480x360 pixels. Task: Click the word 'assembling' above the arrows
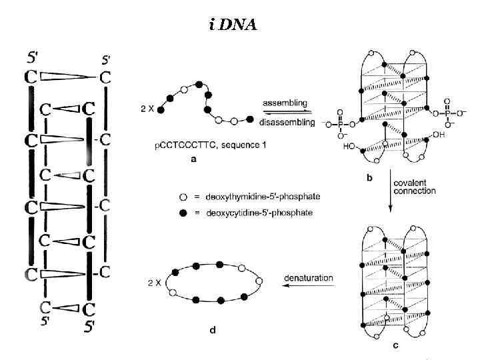click(285, 103)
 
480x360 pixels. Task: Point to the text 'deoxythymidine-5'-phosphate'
click(245, 197)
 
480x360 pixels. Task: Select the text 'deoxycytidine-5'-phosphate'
click(243, 212)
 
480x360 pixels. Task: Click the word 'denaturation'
click(308, 277)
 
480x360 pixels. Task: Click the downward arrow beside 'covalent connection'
click(391, 193)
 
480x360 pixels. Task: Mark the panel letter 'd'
click(212, 331)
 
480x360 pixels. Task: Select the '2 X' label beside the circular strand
click(154, 283)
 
